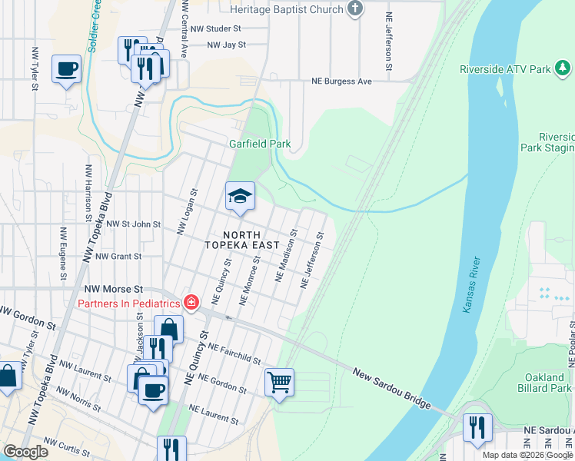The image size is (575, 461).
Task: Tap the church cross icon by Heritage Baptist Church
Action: coord(354,9)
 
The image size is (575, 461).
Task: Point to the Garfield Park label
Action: coord(260,144)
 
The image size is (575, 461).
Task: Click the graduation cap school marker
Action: coord(240,197)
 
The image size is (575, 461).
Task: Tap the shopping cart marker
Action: coord(279,381)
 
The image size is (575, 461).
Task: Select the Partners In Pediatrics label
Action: coord(129,302)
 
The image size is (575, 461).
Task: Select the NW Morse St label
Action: coord(108,287)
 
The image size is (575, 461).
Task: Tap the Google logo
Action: coord(25,452)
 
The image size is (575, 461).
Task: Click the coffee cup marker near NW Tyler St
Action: coord(66,69)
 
